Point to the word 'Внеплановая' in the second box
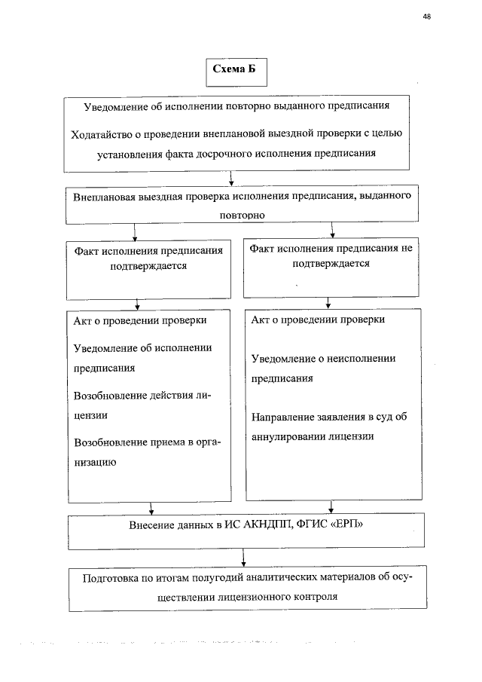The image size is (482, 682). [105, 197]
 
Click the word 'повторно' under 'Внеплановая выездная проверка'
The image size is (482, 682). [240, 214]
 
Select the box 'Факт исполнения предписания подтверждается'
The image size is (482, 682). [148, 271]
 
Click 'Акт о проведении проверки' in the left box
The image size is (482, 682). [139, 320]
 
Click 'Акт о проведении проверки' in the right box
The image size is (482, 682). [317, 320]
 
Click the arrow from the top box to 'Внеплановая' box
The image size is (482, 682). [230, 179]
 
